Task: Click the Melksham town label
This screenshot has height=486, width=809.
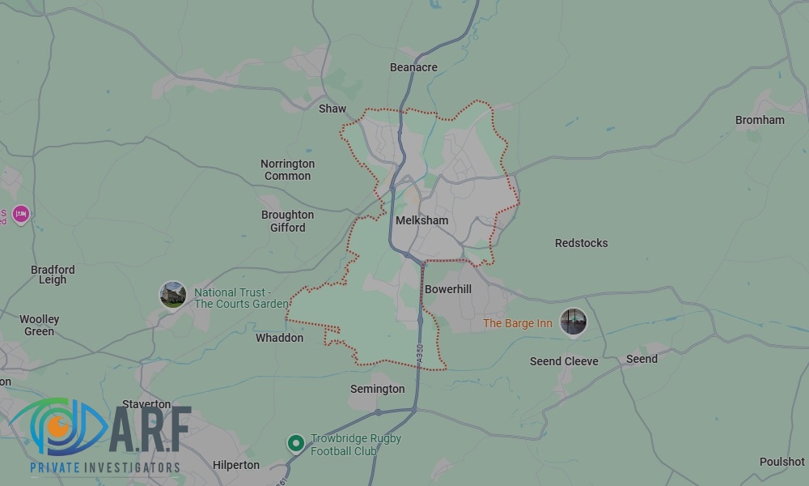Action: point(421,220)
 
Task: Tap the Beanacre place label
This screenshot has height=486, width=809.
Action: point(413,67)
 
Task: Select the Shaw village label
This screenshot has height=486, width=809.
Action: point(332,109)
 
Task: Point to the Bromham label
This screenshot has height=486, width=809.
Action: point(760,120)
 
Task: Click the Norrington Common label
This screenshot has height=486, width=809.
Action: point(287,170)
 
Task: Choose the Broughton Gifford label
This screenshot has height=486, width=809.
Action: point(287,221)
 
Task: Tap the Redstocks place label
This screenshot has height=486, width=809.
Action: point(581,243)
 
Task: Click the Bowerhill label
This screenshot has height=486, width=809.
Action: point(447,289)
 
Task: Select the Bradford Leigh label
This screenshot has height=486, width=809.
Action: point(53,275)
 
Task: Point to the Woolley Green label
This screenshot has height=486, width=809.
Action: point(40,325)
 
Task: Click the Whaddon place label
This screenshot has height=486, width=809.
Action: point(279,338)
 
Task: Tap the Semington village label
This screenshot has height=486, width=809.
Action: point(377,389)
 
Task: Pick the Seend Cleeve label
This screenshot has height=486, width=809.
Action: point(564,361)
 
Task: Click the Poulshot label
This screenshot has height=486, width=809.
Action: point(781,462)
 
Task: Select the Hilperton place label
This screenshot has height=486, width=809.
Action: point(236,465)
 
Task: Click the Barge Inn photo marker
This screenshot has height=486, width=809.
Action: point(574,322)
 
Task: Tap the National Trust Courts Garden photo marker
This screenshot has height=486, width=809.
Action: point(173,295)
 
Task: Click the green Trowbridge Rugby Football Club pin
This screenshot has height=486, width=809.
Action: point(296,443)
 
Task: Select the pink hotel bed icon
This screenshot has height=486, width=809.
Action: point(21,214)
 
